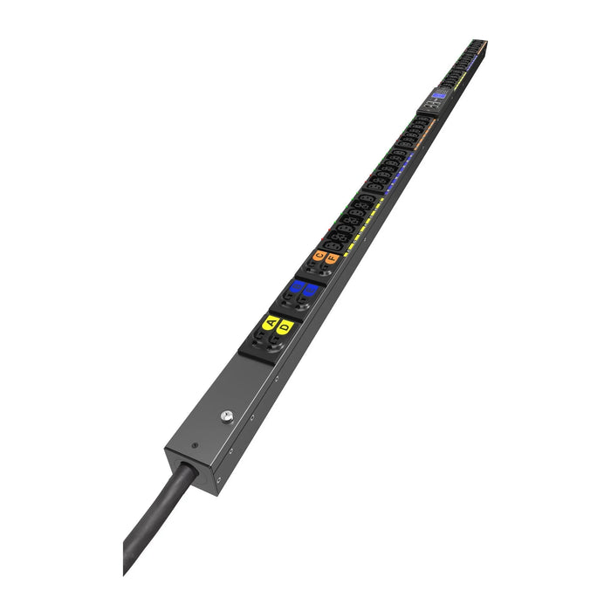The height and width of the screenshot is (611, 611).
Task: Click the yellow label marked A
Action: point(270,322)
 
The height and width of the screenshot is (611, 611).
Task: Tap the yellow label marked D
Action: point(283,326)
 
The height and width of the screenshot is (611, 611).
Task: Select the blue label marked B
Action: point(297,285)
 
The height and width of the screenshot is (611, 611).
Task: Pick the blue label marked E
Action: point(310,289)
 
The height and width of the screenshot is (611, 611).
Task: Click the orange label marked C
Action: point(319,255)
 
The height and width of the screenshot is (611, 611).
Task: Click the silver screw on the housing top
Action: point(227,416)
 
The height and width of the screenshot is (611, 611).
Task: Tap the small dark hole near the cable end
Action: point(194,446)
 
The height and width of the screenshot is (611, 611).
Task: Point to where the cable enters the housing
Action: point(186,470)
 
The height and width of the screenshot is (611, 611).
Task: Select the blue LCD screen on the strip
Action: point(437,95)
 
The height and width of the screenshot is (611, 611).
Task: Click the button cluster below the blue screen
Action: point(431,105)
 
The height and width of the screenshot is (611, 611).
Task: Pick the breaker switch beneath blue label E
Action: point(301,304)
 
